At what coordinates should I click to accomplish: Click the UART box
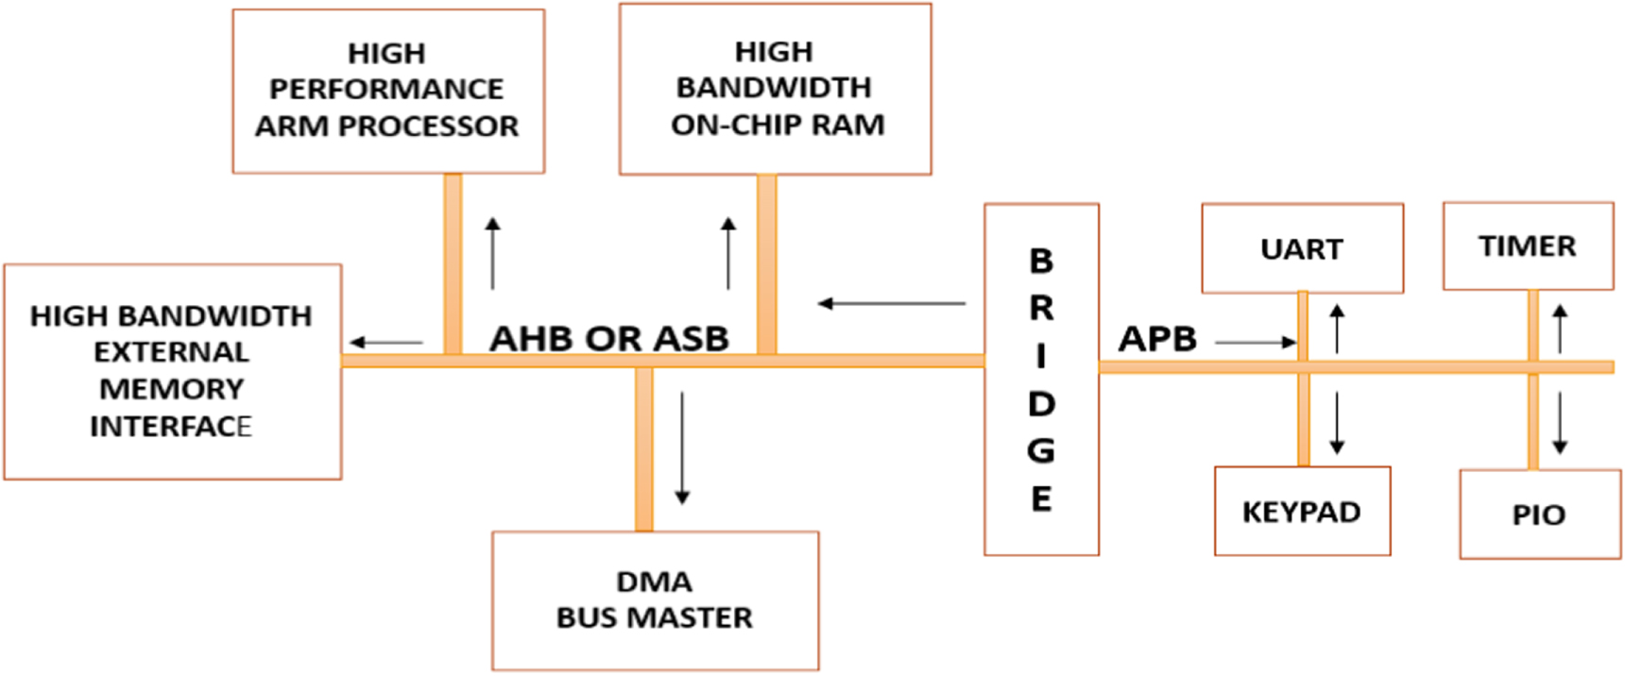[x=1301, y=249]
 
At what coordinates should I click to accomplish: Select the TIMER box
[x=1527, y=246]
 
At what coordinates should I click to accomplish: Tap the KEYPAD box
[x=1301, y=512]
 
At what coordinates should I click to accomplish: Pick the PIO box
[x=1539, y=515]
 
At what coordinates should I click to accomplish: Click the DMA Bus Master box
[x=654, y=600]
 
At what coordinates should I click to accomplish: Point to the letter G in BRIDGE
[x=1040, y=451]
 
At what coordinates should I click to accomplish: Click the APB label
[x=1157, y=339]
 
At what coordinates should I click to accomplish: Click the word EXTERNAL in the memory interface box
[x=171, y=352]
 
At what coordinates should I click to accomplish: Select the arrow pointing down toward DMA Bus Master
[x=682, y=448]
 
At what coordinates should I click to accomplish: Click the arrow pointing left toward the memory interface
[x=386, y=343]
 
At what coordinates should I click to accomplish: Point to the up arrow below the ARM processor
[x=492, y=253]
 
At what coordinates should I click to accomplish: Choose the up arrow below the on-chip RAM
[x=727, y=253]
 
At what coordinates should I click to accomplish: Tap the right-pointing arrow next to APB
[x=1256, y=342]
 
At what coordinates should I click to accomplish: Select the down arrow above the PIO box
[x=1560, y=422]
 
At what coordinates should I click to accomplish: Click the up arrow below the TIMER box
[x=1560, y=329]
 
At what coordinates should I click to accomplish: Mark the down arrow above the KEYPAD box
[x=1336, y=422]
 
